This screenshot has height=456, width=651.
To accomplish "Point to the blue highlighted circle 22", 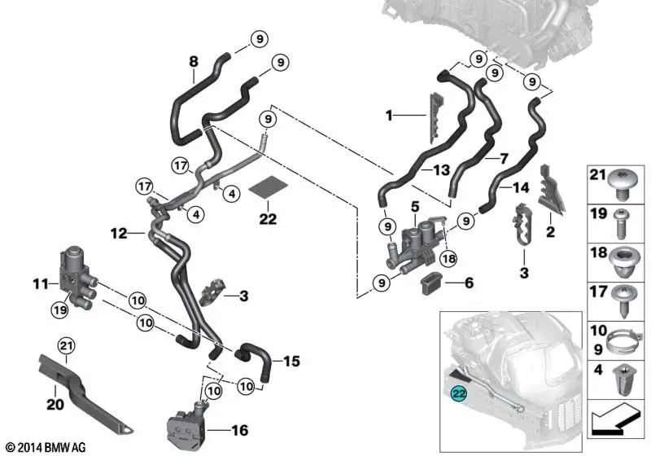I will (x=460, y=393).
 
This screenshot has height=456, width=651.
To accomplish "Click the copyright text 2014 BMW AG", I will (x=45, y=447).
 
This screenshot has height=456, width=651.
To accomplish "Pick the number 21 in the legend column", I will (x=597, y=175).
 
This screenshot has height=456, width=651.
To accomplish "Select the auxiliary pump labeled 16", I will (x=186, y=423).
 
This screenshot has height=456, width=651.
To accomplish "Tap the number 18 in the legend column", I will (x=597, y=253).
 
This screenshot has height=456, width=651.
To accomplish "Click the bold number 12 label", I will (x=120, y=234).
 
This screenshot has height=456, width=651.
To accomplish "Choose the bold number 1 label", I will (x=389, y=116).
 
